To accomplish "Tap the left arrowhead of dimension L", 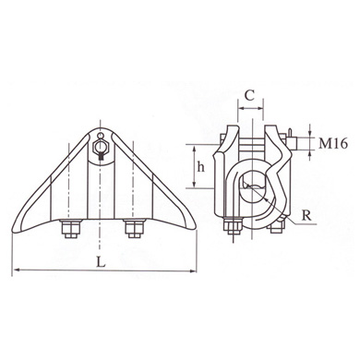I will (16, 270).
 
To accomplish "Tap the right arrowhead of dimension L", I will (195, 270).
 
